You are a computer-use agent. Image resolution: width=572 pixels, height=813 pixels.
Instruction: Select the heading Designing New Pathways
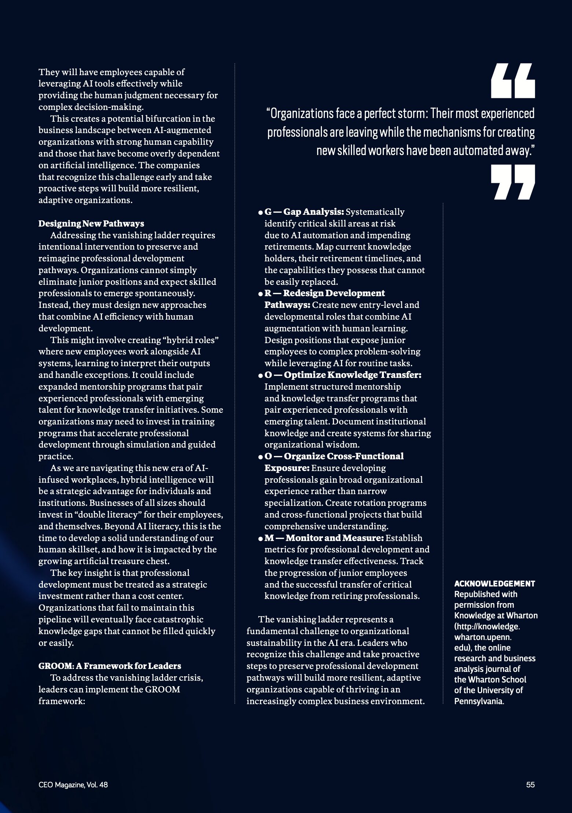[x=91, y=224]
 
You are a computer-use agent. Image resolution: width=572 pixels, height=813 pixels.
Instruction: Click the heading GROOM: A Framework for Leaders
[x=110, y=666]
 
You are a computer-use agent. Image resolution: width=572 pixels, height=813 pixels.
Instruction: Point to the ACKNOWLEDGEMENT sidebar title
[x=494, y=584]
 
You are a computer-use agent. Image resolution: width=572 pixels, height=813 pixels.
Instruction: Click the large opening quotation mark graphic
[x=513, y=81]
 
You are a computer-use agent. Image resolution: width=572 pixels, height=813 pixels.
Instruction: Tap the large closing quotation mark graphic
[x=513, y=182]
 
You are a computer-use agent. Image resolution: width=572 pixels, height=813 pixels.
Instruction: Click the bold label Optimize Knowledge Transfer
[x=352, y=375]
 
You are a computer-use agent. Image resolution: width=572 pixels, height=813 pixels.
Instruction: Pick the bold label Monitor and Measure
[x=334, y=538]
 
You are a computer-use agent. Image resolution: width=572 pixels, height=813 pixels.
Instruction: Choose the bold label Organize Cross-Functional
[x=344, y=456]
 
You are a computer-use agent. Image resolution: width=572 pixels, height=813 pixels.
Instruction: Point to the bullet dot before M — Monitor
[x=260, y=539]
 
